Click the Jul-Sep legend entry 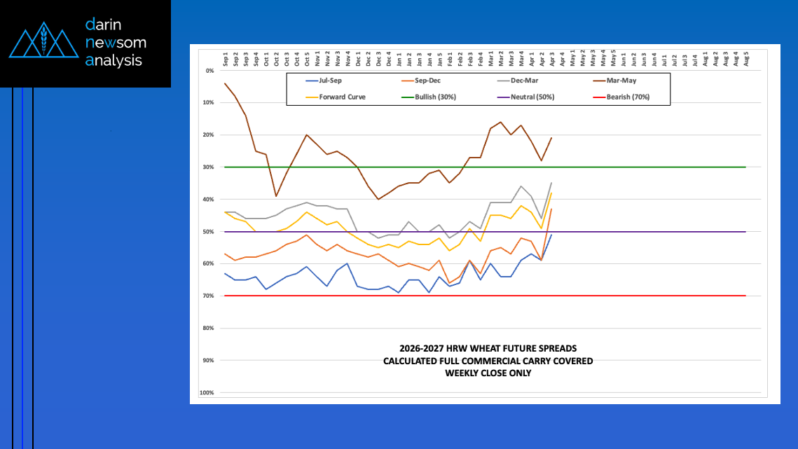tap(330, 81)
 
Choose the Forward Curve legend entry tap(342, 97)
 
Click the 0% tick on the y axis tap(209, 71)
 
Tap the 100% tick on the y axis tap(207, 393)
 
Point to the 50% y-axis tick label tap(208, 232)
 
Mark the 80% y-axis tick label tap(208, 329)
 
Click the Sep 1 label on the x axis tap(226, 59)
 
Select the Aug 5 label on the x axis tap(746, 59)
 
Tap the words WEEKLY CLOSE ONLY tap(488, 373)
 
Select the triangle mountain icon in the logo tap(43, 43)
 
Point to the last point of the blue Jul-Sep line tap(551, 235)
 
